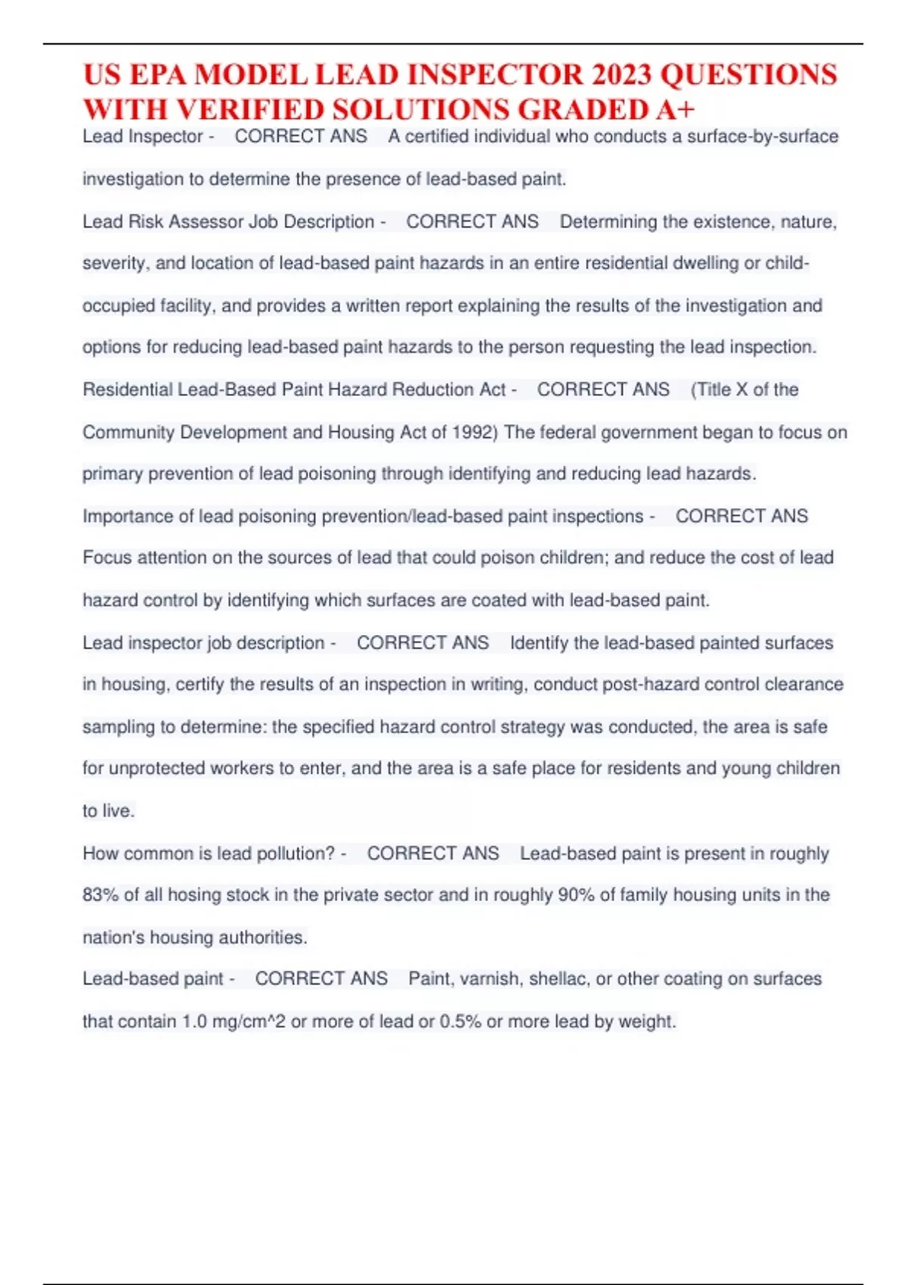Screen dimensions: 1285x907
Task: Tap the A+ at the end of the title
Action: click(675, 110)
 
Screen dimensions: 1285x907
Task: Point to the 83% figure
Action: click(101, 895)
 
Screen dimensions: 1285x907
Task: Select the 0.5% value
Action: click(460, 1022)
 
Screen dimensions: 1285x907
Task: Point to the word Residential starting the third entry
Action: click(128, 390)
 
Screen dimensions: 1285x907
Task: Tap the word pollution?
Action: click(296, 853)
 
